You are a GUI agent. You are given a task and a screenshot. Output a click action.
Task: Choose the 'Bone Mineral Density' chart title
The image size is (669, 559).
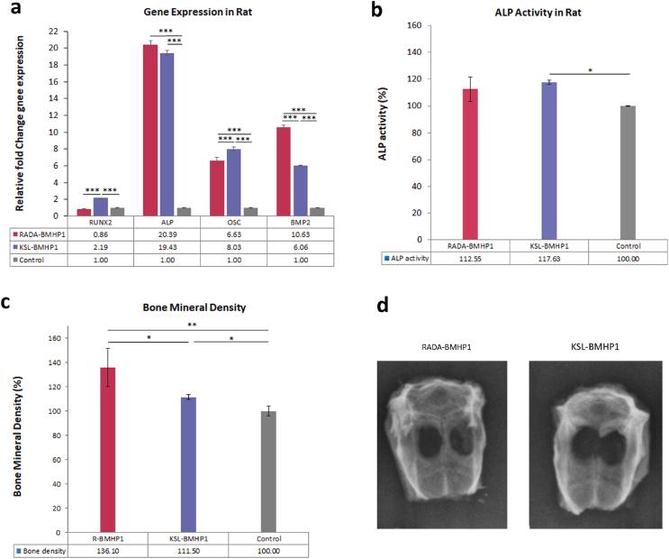click(x=182, y=307)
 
